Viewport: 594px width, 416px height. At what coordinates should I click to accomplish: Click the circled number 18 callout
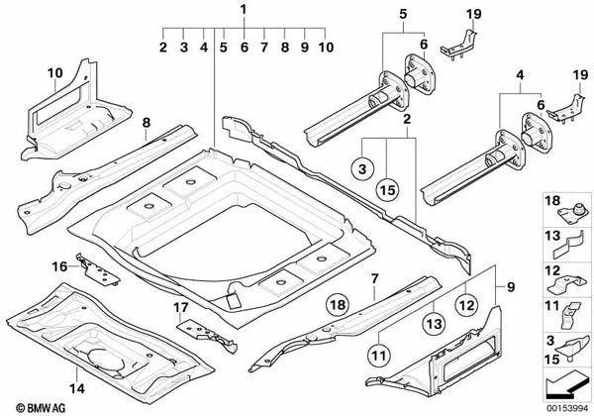click(338, 304)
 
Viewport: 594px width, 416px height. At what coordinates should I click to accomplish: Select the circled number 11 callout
click(379, 356)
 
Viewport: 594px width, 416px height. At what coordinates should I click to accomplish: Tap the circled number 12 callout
click(466, 305)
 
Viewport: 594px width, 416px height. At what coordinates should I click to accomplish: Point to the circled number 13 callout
click(434, 323)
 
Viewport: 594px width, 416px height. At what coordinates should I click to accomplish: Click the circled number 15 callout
click(387, 190)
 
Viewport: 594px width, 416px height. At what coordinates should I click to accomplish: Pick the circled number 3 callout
click(362, 168)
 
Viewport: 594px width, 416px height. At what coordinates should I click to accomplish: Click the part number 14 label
click(77, 388)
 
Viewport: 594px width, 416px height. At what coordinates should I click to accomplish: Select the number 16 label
click(59, 266)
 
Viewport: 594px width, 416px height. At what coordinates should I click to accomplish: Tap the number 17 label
click(181, 307)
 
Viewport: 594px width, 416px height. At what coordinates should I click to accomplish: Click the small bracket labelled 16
click(98, 269)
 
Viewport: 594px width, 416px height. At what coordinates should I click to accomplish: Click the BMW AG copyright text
click(41, 408)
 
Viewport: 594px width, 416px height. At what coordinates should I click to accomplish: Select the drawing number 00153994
click(566, 408)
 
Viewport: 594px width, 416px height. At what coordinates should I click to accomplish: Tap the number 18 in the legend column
click(552, 200)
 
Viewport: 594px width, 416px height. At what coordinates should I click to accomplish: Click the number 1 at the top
click(244, 10)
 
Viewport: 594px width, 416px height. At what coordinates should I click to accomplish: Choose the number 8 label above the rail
click(147, 123)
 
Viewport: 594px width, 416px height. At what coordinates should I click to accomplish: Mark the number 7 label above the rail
click(374, 279)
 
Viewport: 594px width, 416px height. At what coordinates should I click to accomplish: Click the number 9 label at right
click(511, 287)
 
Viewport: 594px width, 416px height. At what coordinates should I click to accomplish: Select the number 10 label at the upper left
click(54, 72)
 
